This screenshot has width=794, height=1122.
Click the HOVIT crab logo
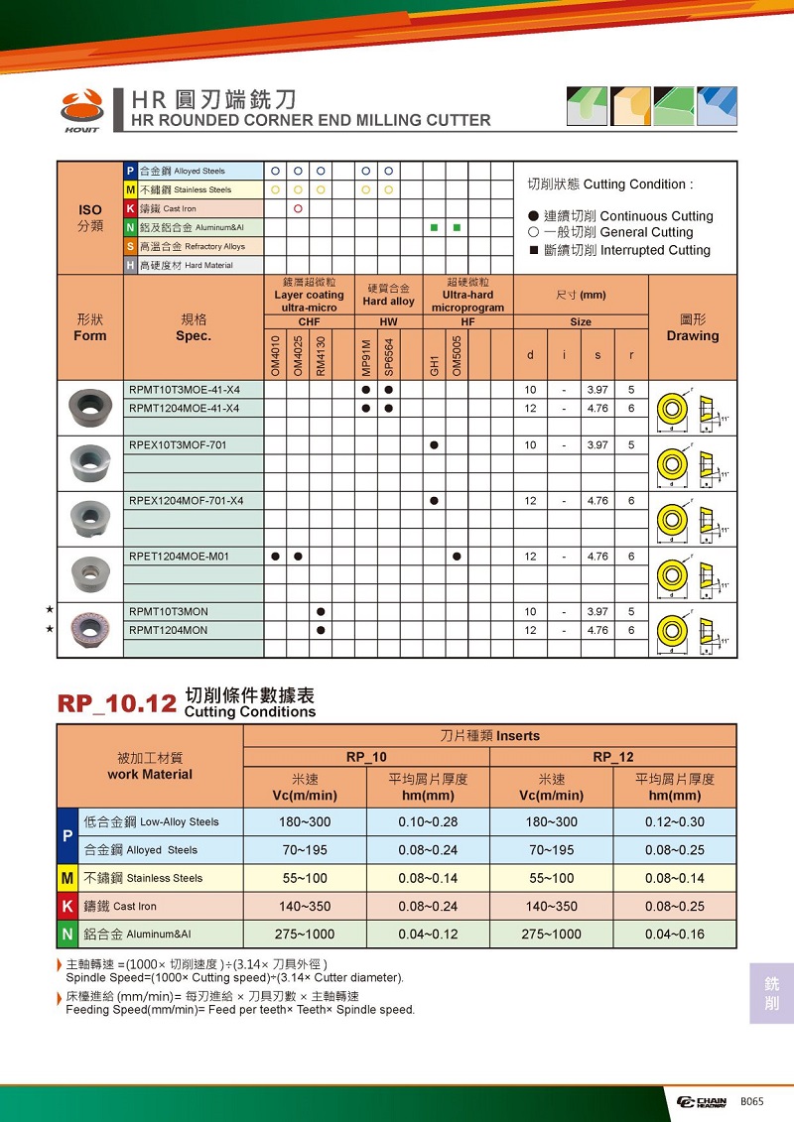click(81, 109)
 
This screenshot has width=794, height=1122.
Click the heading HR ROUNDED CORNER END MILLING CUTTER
click(311, 120)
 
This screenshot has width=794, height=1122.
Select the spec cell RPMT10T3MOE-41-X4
click(185, 390)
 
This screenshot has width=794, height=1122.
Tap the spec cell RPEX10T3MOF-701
click(178, 445)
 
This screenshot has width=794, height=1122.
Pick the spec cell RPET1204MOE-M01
click(179, 557)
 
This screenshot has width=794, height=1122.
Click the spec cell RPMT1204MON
click(169, 630)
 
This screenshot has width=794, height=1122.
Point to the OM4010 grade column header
click(275, 355)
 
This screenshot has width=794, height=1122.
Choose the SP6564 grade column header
click(389, 355)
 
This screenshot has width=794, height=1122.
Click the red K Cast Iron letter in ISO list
click(130, 208)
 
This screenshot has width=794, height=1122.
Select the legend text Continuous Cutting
click(656, 216)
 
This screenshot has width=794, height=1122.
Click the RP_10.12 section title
click(117, 703)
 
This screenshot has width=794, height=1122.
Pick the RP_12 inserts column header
click(612, 757)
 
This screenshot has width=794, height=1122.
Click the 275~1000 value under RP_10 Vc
click(305, 934)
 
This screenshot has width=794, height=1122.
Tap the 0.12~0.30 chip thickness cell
click(674, 821)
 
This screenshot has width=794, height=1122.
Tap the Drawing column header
click(693, 328)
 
